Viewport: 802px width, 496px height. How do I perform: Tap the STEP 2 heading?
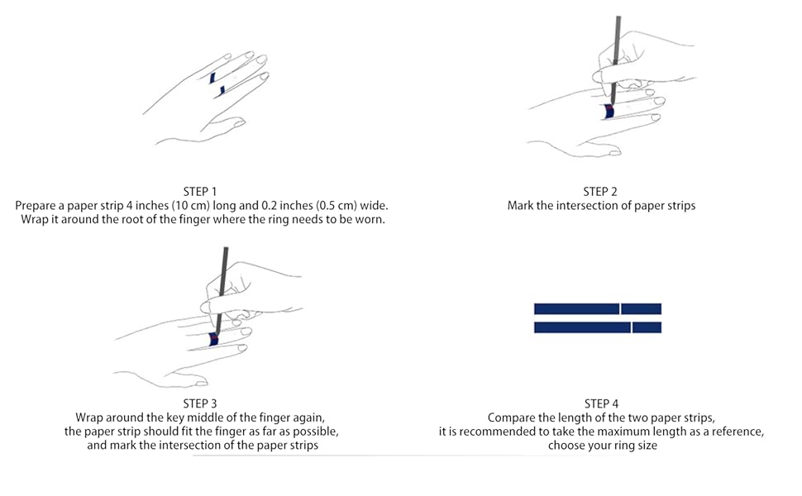[601, 191]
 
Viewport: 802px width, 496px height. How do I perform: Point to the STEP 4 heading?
[601, 403]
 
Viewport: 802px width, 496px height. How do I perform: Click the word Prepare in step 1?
[37, 205]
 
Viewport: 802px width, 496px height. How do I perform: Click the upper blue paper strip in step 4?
[597, 308]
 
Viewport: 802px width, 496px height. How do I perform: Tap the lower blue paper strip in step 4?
[597, 327]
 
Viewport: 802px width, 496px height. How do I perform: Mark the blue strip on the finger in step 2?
[608, 112]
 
